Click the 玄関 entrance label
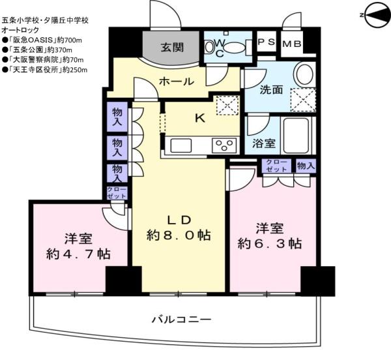[172, 48]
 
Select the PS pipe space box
[267, 42]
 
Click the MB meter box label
[292, 44]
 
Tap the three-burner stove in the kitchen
[224, 145]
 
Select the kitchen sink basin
[181, 145]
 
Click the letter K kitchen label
[200, 118]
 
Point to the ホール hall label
[177, 82]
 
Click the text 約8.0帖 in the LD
[179, 235]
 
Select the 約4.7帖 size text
[78, 254]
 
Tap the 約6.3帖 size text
[270, 244]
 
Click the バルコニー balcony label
[182, 320]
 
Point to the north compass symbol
[375, 15]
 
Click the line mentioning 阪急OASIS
[42, 40]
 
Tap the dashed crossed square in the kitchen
[227, 105]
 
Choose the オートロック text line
[20, 30]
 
